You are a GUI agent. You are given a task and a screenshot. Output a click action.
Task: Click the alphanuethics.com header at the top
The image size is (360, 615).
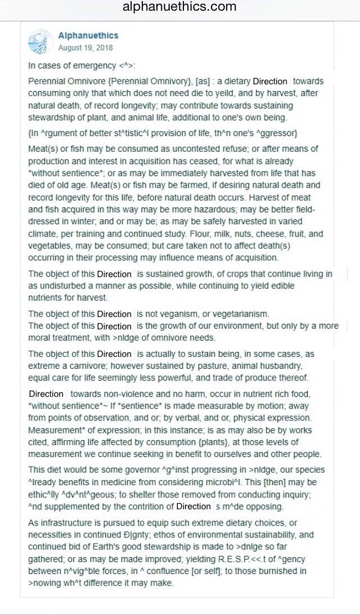click(x=179, y=7)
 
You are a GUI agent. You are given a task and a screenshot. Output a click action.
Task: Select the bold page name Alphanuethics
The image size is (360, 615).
click(x=88, y=35)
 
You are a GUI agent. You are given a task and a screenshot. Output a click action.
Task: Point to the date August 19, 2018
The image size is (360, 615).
click(x=85, y=47)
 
